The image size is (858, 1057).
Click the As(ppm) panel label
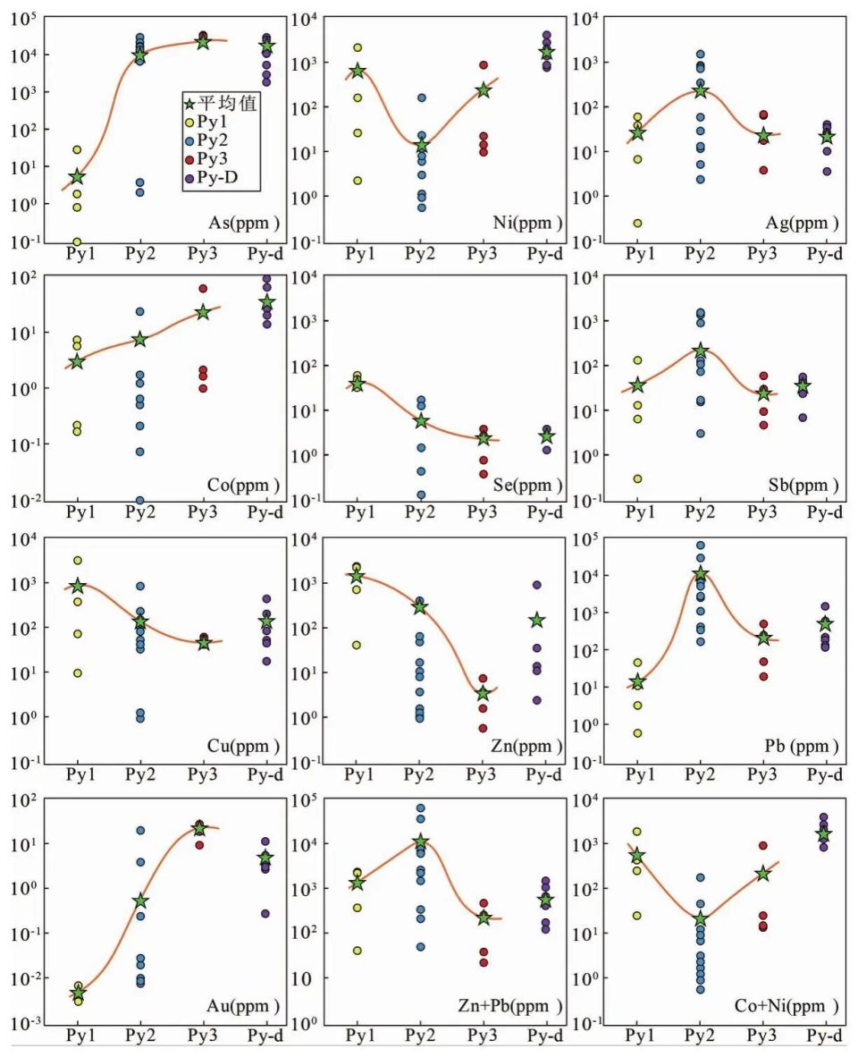241,223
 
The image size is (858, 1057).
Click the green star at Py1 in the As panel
77,177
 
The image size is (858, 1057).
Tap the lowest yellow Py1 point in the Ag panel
637,224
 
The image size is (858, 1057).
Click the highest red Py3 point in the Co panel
203,288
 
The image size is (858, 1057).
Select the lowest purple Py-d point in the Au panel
265,913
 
